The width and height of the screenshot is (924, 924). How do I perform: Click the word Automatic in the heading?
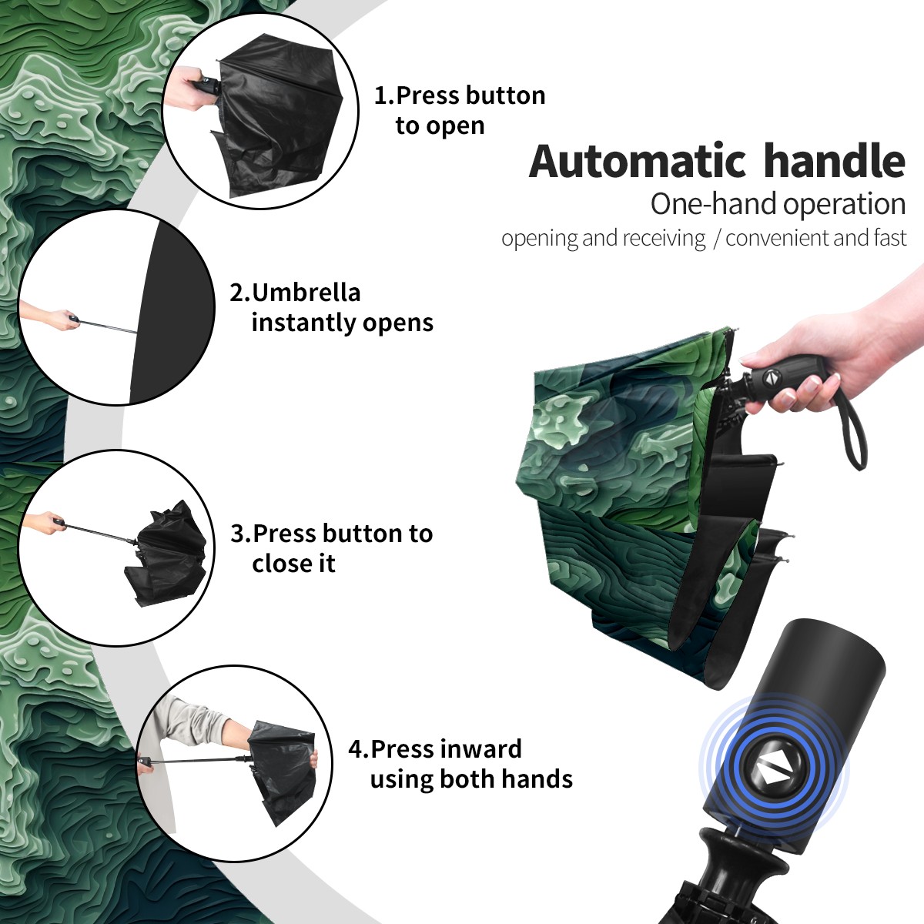638,162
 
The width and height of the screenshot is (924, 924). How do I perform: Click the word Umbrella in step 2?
306,293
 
